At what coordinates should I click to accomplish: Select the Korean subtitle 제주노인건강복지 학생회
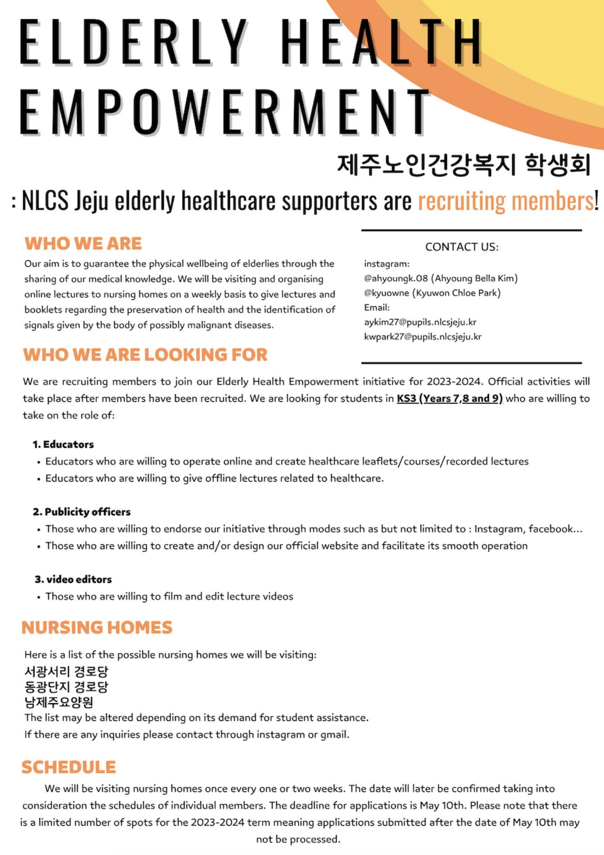464,164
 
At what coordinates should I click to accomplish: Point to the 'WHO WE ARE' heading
83,244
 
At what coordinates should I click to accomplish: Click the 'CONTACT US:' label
462,247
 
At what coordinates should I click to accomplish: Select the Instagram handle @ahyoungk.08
397,278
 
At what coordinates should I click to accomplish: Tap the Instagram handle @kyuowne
387,293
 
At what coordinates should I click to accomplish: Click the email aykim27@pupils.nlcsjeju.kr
420,322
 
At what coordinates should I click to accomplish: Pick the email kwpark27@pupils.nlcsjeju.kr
423,337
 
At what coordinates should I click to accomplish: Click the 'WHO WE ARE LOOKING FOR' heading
145,355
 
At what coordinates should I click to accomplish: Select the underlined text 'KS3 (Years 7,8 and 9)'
449,399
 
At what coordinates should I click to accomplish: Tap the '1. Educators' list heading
63,445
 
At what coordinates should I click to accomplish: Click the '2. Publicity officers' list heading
82,512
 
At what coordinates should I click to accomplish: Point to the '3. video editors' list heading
73,579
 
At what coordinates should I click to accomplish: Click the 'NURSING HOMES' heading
97,628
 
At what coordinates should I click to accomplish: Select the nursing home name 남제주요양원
59,702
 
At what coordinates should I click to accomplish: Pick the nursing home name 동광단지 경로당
66,687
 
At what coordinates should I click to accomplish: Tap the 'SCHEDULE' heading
68,767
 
